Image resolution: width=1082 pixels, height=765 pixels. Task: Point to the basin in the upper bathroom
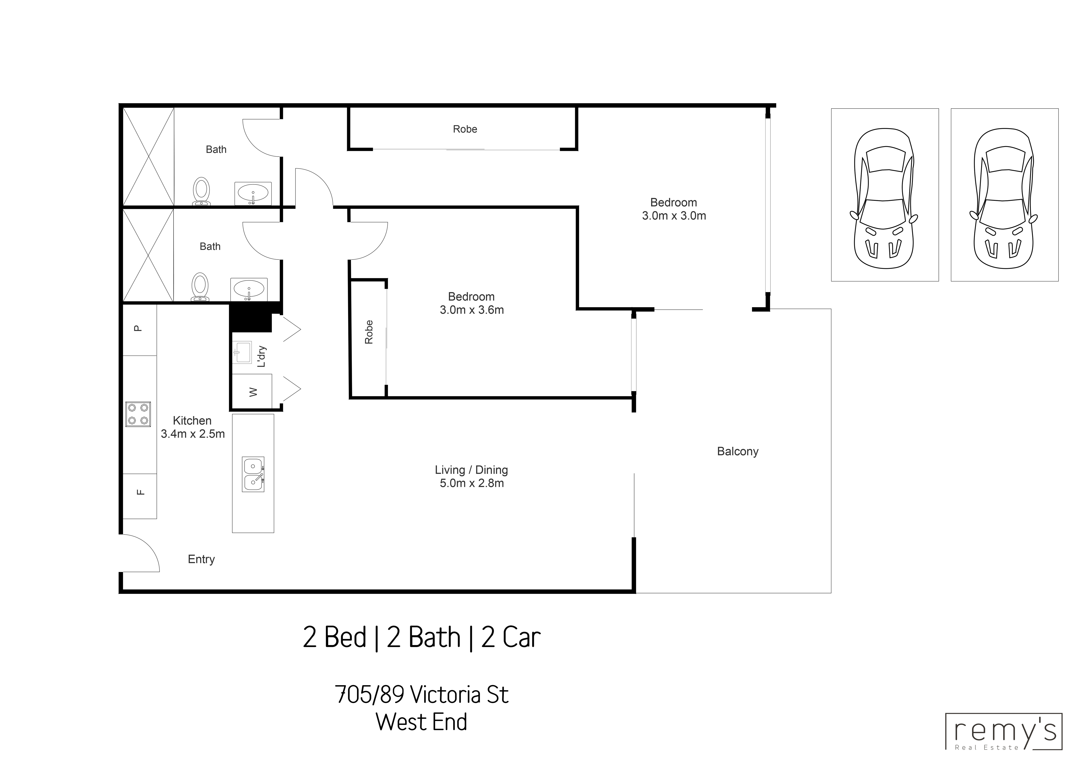pos(253,193)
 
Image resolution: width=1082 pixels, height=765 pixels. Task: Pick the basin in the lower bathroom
pos(249,289)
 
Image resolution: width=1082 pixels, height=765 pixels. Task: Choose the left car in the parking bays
pos(884,198)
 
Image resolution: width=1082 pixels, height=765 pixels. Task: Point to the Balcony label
pos(738,451)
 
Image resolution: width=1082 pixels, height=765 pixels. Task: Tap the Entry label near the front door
pos(201,559)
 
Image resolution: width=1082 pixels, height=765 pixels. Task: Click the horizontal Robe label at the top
pos(465,129)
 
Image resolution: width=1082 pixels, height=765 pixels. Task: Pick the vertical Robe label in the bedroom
pos(369,332)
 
